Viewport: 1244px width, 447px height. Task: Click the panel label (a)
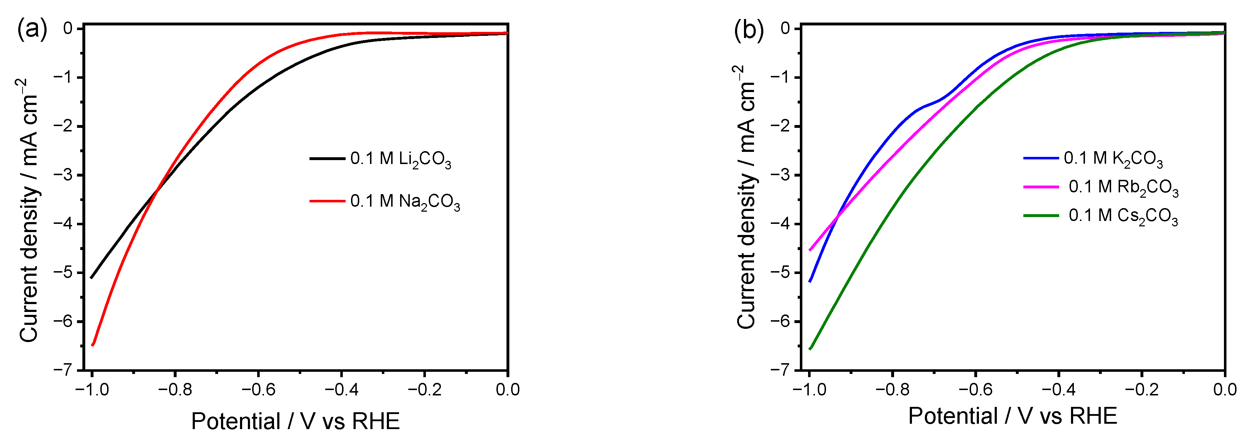(x=32, y=30)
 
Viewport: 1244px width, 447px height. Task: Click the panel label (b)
(x=749, y=30)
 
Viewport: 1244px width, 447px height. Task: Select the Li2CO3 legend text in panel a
(x=400, y=159)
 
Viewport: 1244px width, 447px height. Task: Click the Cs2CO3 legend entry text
(x=1123, y=216)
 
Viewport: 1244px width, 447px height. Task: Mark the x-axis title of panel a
(x=295, y=422)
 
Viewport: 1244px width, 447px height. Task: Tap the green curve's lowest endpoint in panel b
(x=810, y=349)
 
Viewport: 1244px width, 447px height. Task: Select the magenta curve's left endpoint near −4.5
(x=810, y=250)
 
